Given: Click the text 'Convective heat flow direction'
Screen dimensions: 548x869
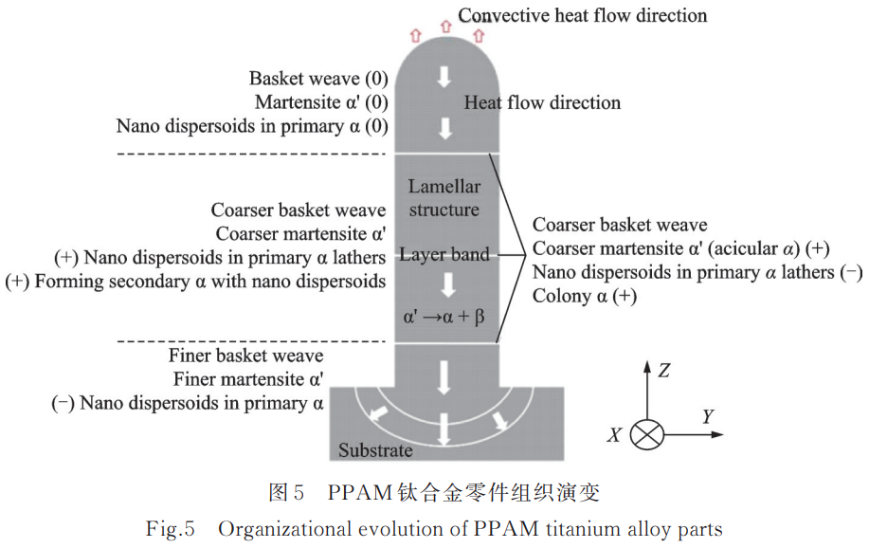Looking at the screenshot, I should (582, 15).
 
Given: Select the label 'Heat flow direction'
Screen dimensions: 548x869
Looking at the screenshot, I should (542, 102).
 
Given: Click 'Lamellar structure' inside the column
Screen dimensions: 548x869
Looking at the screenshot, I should (444, 198).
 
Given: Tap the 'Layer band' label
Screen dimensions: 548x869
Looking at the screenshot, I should (444, 254).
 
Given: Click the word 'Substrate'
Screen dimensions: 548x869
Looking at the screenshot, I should (375, 450).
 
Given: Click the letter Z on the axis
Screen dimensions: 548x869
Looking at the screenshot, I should (664, 371).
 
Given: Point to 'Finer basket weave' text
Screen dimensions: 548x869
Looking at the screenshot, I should (245, 356).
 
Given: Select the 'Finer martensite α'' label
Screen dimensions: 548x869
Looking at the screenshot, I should (248, 379).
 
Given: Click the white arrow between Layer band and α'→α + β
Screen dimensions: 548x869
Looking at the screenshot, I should (444, 283).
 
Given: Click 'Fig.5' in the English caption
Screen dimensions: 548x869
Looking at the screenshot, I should (172, 529).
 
